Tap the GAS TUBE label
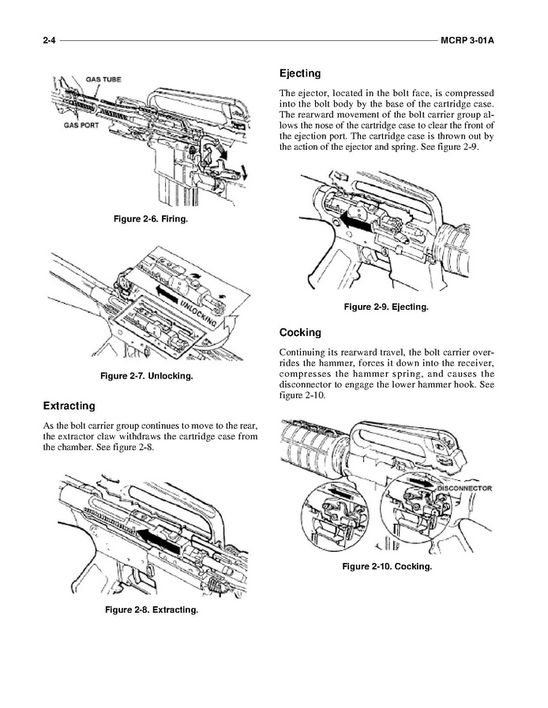(x=103, y=80)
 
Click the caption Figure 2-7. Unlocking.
(x=147, y=376)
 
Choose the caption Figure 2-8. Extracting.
(x=152, y=609)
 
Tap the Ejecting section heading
(x=300, y=73)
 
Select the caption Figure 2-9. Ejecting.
(x=385, y=307)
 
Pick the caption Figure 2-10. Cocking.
(x=386, y=567)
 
